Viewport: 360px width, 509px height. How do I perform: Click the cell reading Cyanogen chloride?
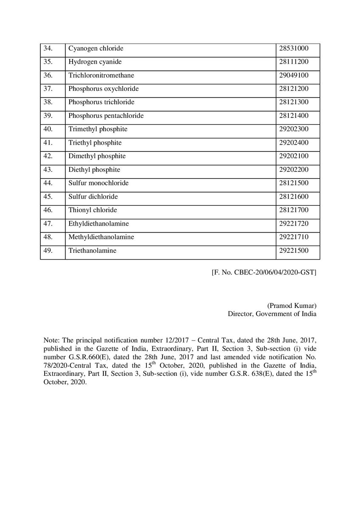pyautogui.click(x=96, y=48)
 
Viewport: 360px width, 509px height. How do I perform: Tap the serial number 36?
pyautogui.click(x=48, y=75)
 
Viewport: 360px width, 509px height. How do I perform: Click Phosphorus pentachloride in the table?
pyautogui.click(x=106, y=116)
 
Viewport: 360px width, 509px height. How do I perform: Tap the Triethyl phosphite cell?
pyautogui.click(x=95, y=143)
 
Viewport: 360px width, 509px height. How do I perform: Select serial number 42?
pyautogui.click(x=48, y=156)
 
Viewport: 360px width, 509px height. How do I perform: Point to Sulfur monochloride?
pyautogui.click(x=98, y=183)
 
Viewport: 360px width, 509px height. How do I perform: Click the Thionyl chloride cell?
pyautogui.click(x=93, y=210)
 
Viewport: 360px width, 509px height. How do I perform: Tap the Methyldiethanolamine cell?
pyautogui.click(x=101, y=237)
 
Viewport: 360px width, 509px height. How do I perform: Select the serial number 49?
pyautogui.click(x=48, y=251)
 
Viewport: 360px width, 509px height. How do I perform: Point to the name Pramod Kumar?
pyautogui.click(x=292, y=306)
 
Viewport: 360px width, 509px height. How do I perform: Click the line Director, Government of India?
pyautogui.click(x=272, y=314)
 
